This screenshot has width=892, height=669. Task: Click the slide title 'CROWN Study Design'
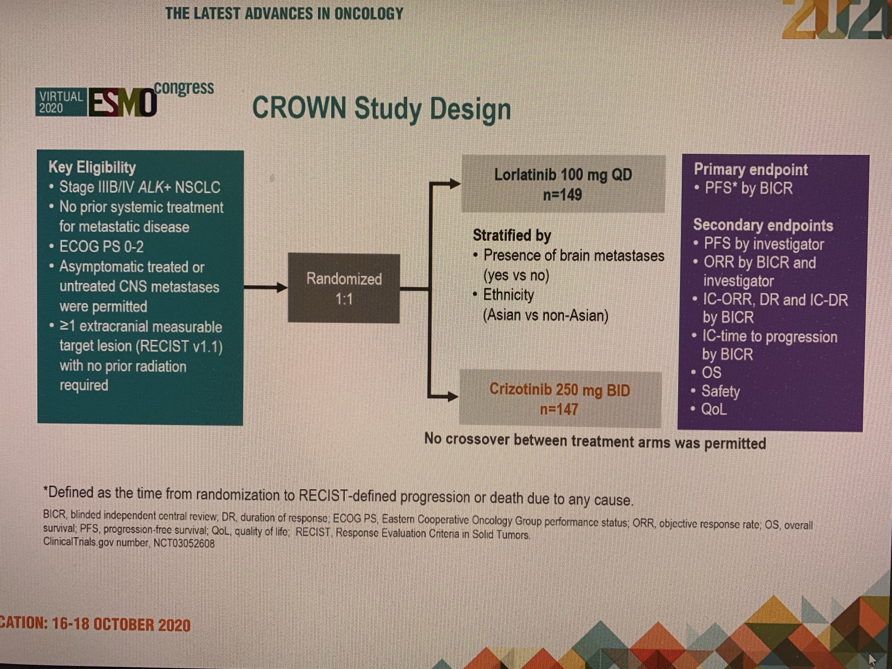[381, 109]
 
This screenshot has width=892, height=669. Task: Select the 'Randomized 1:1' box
[344, 288]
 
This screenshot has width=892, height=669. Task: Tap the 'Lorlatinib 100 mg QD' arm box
[563, 184]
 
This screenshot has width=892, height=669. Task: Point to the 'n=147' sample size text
[559, 409]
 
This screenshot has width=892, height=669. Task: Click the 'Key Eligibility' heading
[92, 167]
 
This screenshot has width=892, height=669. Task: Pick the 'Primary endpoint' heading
[750, 169]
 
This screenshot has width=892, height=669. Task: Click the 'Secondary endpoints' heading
[763, 225]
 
